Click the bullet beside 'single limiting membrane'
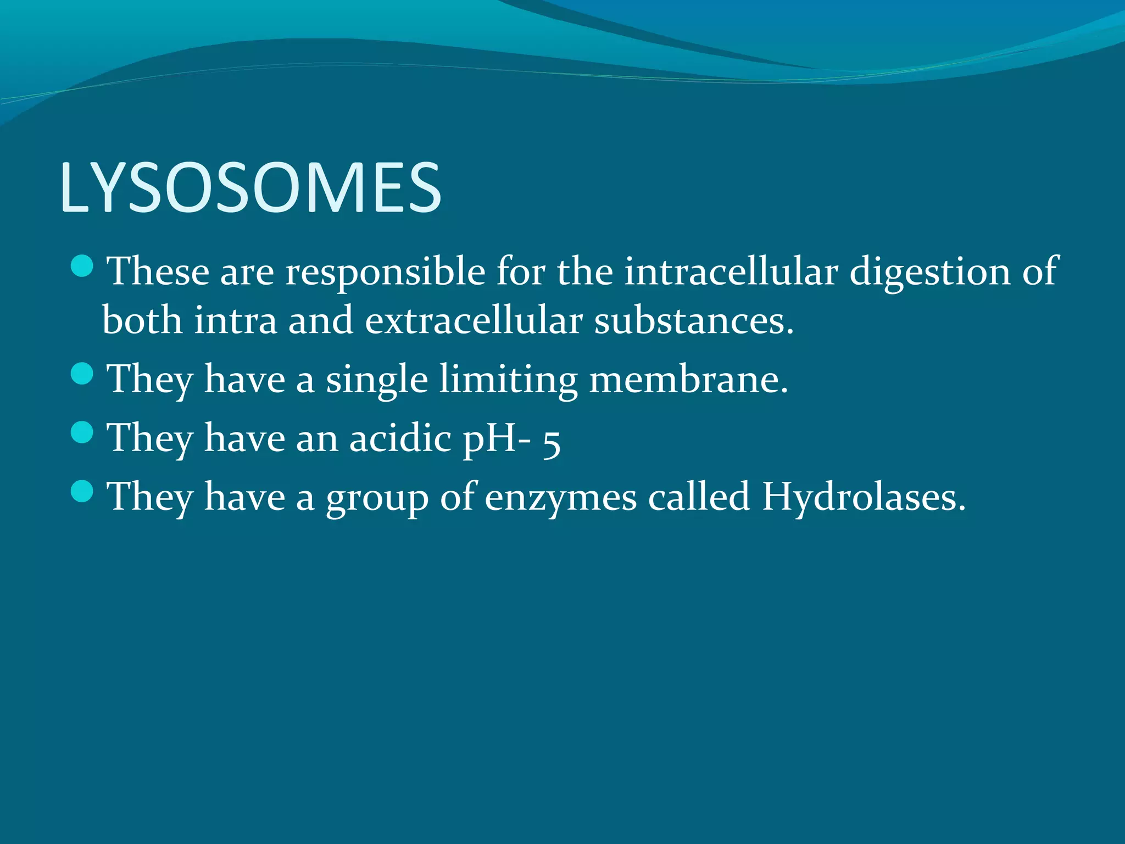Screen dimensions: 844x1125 (x=82, y=374)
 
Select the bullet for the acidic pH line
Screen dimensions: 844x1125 (x=82, y=432)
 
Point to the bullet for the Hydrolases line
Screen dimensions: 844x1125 (x=82, y=491)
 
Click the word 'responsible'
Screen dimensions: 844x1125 (x=385, y=272)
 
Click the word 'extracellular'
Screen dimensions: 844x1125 (x=474, y=320)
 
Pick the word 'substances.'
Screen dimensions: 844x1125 (x=694, y=320)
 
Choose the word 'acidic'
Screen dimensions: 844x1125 (x=400, y=438)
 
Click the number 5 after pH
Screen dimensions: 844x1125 (x=552, y=443)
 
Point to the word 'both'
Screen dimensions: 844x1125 (x=142, y=320)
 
